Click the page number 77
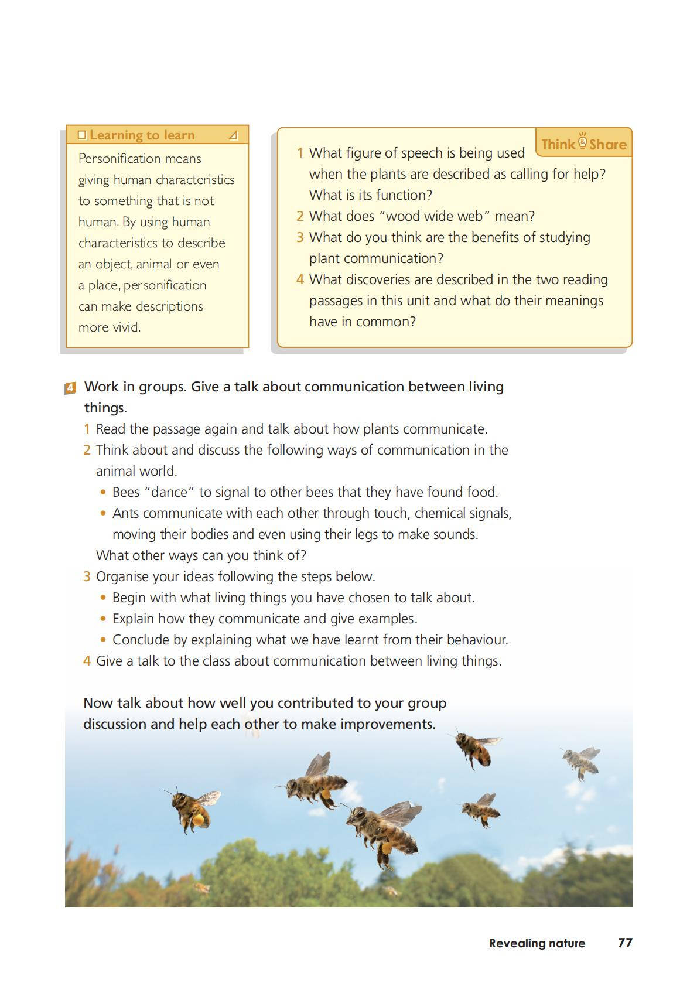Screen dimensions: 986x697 pos(625,943)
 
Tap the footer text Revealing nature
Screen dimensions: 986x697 pos(537,943)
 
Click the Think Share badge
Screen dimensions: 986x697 pos(583,144)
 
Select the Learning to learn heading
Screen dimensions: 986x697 pos(142,135)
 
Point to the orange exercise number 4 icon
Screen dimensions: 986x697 pos(70,387)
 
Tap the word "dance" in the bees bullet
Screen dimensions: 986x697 pos(169,492)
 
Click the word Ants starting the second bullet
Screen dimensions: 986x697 pos(125,513)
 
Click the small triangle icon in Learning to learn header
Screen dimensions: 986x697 pos(233,136)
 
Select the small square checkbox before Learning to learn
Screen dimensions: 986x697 pos(82,135)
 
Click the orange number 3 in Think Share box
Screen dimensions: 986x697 pos(300,237)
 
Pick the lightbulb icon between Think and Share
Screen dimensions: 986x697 pos(582,141)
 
